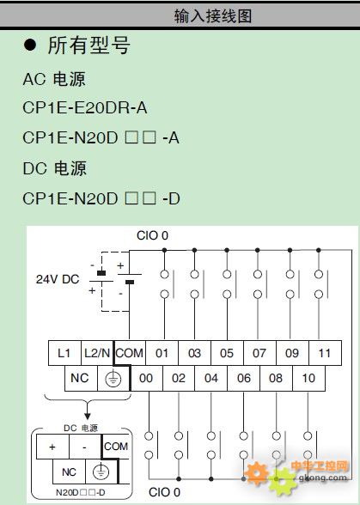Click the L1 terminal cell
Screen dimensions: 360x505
pyautogui.click(x=64, y=353)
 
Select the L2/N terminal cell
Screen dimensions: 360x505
pyautogui.click(x=97, y=353)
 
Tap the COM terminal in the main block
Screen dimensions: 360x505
pyautogui.click(x=130, y=353)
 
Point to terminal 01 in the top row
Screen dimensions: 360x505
pyautogui.click(x=162, y=353)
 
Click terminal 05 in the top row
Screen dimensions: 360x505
pyautogui.click(x=227, y=353)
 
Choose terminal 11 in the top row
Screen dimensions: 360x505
pyautogui.click(x=325, y=353)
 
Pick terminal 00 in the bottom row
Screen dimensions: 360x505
pyautogui.click(x=146, y=378)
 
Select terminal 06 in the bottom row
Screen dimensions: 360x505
pyautogui.click(x=244, y=378)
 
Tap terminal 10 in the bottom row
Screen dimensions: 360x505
pyautogui.click(x=308, y=378)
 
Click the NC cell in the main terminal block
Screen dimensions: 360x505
pyautogui.click(x=81, y=378)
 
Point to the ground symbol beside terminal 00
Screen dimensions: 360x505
pyautogui.click(x=113, y=379)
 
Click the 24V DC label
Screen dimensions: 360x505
pyautogui.click(x=58, y=279)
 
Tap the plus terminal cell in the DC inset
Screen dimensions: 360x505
pyautogui.click(x=52, y=447)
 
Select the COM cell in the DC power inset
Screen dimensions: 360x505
pyautogui.click(x=116, y=447)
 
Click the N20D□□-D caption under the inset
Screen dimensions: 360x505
pyautogui.click(x=81, y=492)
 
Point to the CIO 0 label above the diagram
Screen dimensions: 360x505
pyautogui.click(x=152, y=235)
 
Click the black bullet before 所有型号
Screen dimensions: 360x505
pyautogui.click(x=30, y=45)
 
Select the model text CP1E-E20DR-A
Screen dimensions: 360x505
pyautogui.click(x=85, y=108)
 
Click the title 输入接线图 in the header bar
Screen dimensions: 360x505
pyautogui.click(x=213, y=15)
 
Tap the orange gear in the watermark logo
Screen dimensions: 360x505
pyautogui.click(x=257, y=472)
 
